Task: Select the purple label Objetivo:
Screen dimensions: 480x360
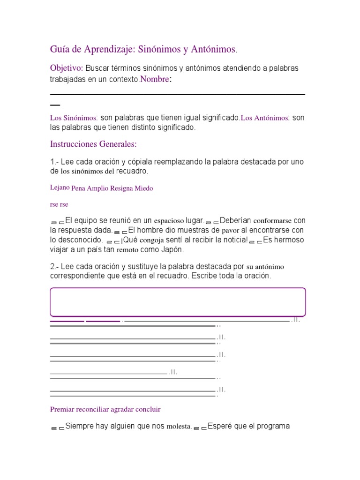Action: tap(67, 68)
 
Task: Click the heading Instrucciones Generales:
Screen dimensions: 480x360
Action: tap(93, 144)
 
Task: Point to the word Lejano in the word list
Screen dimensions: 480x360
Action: tap(60, 187)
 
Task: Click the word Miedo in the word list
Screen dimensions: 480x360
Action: tap(144, 188)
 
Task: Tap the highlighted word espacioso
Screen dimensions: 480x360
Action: tap(172, 220)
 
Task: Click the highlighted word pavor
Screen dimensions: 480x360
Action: tap(230, 230)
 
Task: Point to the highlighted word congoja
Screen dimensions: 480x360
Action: tap(143, 240)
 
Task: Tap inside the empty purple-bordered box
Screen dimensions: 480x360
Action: tap(178, 302)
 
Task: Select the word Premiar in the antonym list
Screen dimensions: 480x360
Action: tap(62, 409)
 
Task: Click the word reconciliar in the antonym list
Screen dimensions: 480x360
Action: tap(92, 409)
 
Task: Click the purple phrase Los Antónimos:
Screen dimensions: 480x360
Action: tap(265, 119)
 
